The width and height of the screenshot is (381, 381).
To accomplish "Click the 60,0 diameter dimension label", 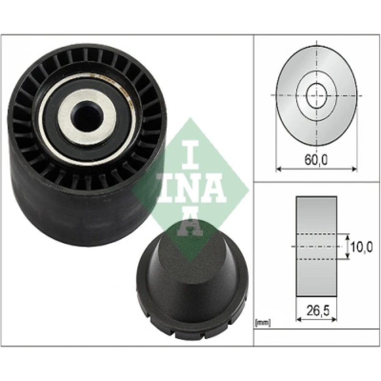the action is (x=316, y=160).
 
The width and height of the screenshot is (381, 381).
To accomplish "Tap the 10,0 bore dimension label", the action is (x=362, y=247).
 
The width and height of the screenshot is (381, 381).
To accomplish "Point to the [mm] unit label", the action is (x=262, y=323).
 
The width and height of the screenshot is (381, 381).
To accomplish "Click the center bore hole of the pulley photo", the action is (x=87, y=116).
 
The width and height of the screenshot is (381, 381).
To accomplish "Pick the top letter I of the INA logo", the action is (x=191, y=155).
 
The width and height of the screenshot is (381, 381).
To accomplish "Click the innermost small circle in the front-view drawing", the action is (x=317, y=95).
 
